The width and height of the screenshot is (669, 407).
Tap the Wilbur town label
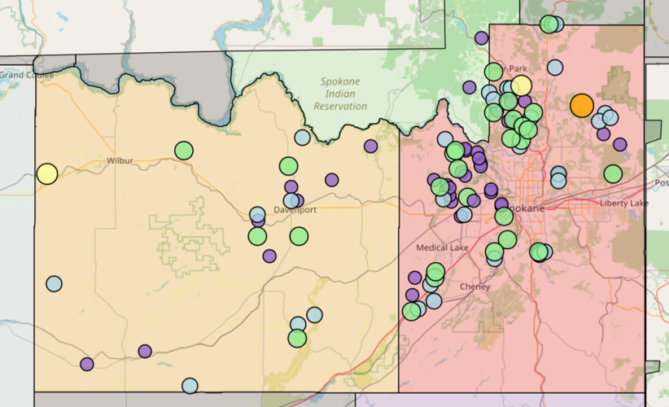[x=119, y=161]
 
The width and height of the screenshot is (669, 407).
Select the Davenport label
[x=294, y=209]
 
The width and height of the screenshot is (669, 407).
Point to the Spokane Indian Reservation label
[x=340, y=94]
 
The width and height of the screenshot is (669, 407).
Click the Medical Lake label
[x=439, y=247]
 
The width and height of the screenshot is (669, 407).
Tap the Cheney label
[x=474, y=287]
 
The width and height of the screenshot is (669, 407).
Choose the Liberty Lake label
[x=624, y=203]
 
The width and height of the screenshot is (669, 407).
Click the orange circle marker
[x=581, y=105]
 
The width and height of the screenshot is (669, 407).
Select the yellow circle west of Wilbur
[x=47, y=173]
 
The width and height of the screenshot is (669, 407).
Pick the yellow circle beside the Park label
[x=522, y=85]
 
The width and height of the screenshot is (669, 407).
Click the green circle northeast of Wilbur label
[x=184, y=151]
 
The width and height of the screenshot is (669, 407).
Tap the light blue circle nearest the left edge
[x=54, y=284]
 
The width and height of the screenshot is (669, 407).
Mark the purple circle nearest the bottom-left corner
[x=87, y=364]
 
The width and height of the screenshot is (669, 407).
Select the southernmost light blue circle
[x=190, y=386]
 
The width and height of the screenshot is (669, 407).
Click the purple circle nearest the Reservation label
[x=371, y=147]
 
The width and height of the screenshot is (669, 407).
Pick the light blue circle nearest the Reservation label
[x=302, y=138]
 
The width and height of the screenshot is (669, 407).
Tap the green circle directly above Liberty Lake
[x=613, y=173]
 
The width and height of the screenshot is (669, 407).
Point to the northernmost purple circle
[x=482, y=37]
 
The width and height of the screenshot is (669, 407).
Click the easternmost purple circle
[x=620, y=145]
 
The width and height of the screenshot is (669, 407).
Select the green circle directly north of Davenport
[x=288, y=166]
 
